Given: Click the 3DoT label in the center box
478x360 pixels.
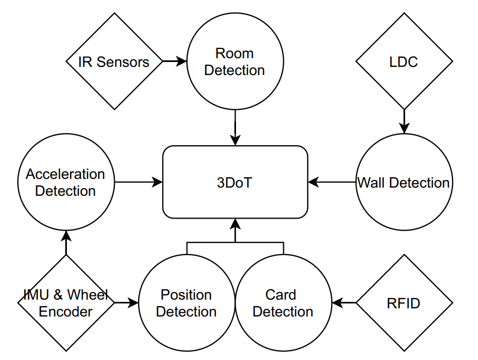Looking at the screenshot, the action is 234,183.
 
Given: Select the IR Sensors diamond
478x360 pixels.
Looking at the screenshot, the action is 114,61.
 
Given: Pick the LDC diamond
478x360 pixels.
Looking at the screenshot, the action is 404,61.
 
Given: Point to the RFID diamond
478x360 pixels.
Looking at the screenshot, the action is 404,303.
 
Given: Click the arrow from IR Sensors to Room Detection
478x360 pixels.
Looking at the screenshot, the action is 175,61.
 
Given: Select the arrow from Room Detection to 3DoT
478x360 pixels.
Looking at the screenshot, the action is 235,127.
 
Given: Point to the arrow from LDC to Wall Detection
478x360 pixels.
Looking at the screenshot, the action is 404,121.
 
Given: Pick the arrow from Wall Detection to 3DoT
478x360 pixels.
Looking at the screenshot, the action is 332,182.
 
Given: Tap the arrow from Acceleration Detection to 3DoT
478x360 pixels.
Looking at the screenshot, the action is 139,182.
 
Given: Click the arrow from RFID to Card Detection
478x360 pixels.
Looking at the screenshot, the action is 344,303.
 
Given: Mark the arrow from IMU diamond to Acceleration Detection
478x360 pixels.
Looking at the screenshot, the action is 66,243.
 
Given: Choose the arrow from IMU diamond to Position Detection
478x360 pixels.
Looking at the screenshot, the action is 127,303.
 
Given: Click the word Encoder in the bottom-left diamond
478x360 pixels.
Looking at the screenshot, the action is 66,312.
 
